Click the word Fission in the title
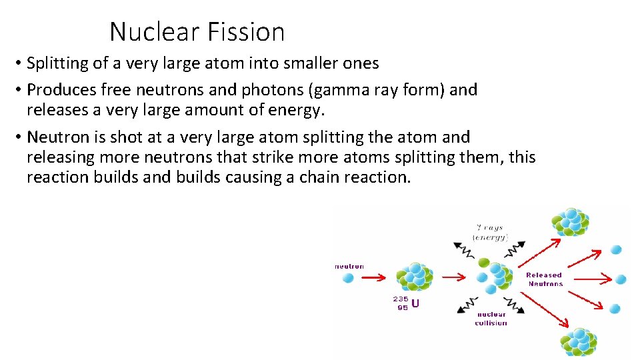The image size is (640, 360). click(246, 31)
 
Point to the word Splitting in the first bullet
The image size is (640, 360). click(59, 63)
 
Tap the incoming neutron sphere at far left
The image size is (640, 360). click(347, 278)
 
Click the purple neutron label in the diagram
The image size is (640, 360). click(349, 266)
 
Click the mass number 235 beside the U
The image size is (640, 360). click(400, 299)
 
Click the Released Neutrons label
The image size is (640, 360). click(544, 279)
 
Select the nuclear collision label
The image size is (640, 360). click(491, 319)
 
